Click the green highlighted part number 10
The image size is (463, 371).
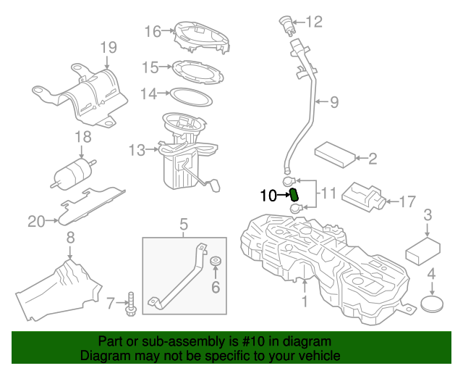(x=295, y=195)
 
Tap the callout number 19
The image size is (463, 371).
(x=108, y=48)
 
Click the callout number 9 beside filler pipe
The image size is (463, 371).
(x=334, y=103)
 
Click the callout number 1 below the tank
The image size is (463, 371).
(x=305, y=300)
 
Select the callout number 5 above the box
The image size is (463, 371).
(x=184, y=224)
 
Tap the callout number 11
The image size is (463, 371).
(x=328, y=193)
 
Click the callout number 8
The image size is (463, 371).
(x=70, y=238)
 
